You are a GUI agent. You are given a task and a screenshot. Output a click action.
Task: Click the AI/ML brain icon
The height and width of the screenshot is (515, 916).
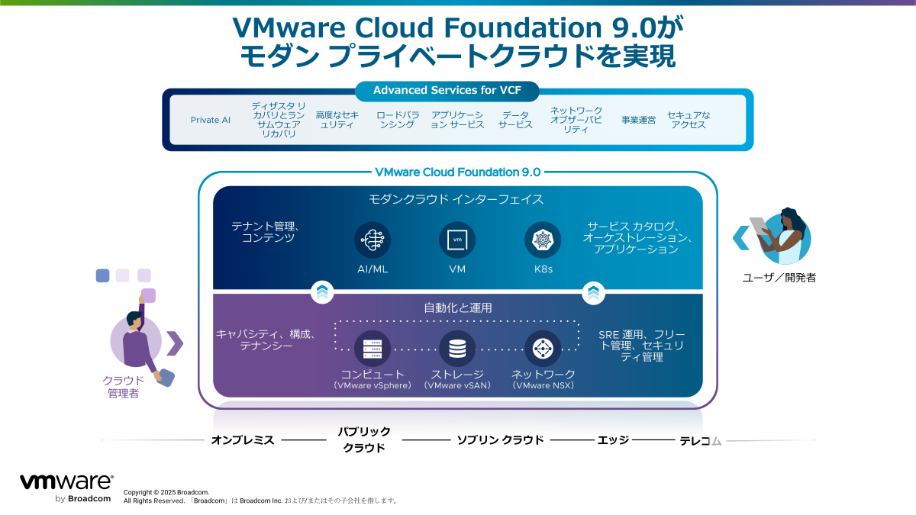click(373, 240)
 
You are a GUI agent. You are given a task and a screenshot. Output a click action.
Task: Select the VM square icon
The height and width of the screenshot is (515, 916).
click(457, 240)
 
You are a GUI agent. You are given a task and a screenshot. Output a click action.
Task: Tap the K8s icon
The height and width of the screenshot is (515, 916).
click(543, 240)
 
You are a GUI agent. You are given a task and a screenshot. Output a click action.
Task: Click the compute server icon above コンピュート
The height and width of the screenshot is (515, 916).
click(373, 349)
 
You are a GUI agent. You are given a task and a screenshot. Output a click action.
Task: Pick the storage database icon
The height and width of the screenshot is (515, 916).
click(457, 349)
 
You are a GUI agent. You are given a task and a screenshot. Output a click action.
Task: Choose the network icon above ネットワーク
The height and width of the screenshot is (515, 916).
click(543, 349)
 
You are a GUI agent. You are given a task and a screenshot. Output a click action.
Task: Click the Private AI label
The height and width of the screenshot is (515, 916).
click(210, 120)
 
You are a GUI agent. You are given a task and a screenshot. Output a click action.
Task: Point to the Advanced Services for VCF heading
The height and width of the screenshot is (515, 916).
click(446, 90)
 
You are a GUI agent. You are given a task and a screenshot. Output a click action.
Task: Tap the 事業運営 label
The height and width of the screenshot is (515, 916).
click(638, 120)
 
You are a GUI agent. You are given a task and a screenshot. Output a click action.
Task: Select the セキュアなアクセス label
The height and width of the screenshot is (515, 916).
click(689, 120)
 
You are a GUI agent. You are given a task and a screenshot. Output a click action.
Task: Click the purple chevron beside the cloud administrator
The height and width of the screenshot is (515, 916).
click(175, 343)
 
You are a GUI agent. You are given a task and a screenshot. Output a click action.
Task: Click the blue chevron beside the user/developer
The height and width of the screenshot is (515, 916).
click(740, 237)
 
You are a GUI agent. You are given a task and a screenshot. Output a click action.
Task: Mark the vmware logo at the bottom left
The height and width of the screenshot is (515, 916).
click(66, 483)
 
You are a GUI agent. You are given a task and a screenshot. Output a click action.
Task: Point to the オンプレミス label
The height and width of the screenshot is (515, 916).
click(242, 440)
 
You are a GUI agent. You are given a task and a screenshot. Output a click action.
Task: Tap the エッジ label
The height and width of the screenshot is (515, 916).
click(613, 440)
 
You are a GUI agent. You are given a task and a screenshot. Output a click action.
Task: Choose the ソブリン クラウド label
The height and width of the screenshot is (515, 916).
click(500, 440)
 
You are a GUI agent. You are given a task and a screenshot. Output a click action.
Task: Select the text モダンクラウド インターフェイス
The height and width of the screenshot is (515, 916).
click(456, 200)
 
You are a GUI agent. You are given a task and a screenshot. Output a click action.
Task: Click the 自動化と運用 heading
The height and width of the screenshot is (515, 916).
click(458, 308)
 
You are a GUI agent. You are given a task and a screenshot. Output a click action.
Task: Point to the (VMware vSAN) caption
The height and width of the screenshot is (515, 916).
click(457, 386)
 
